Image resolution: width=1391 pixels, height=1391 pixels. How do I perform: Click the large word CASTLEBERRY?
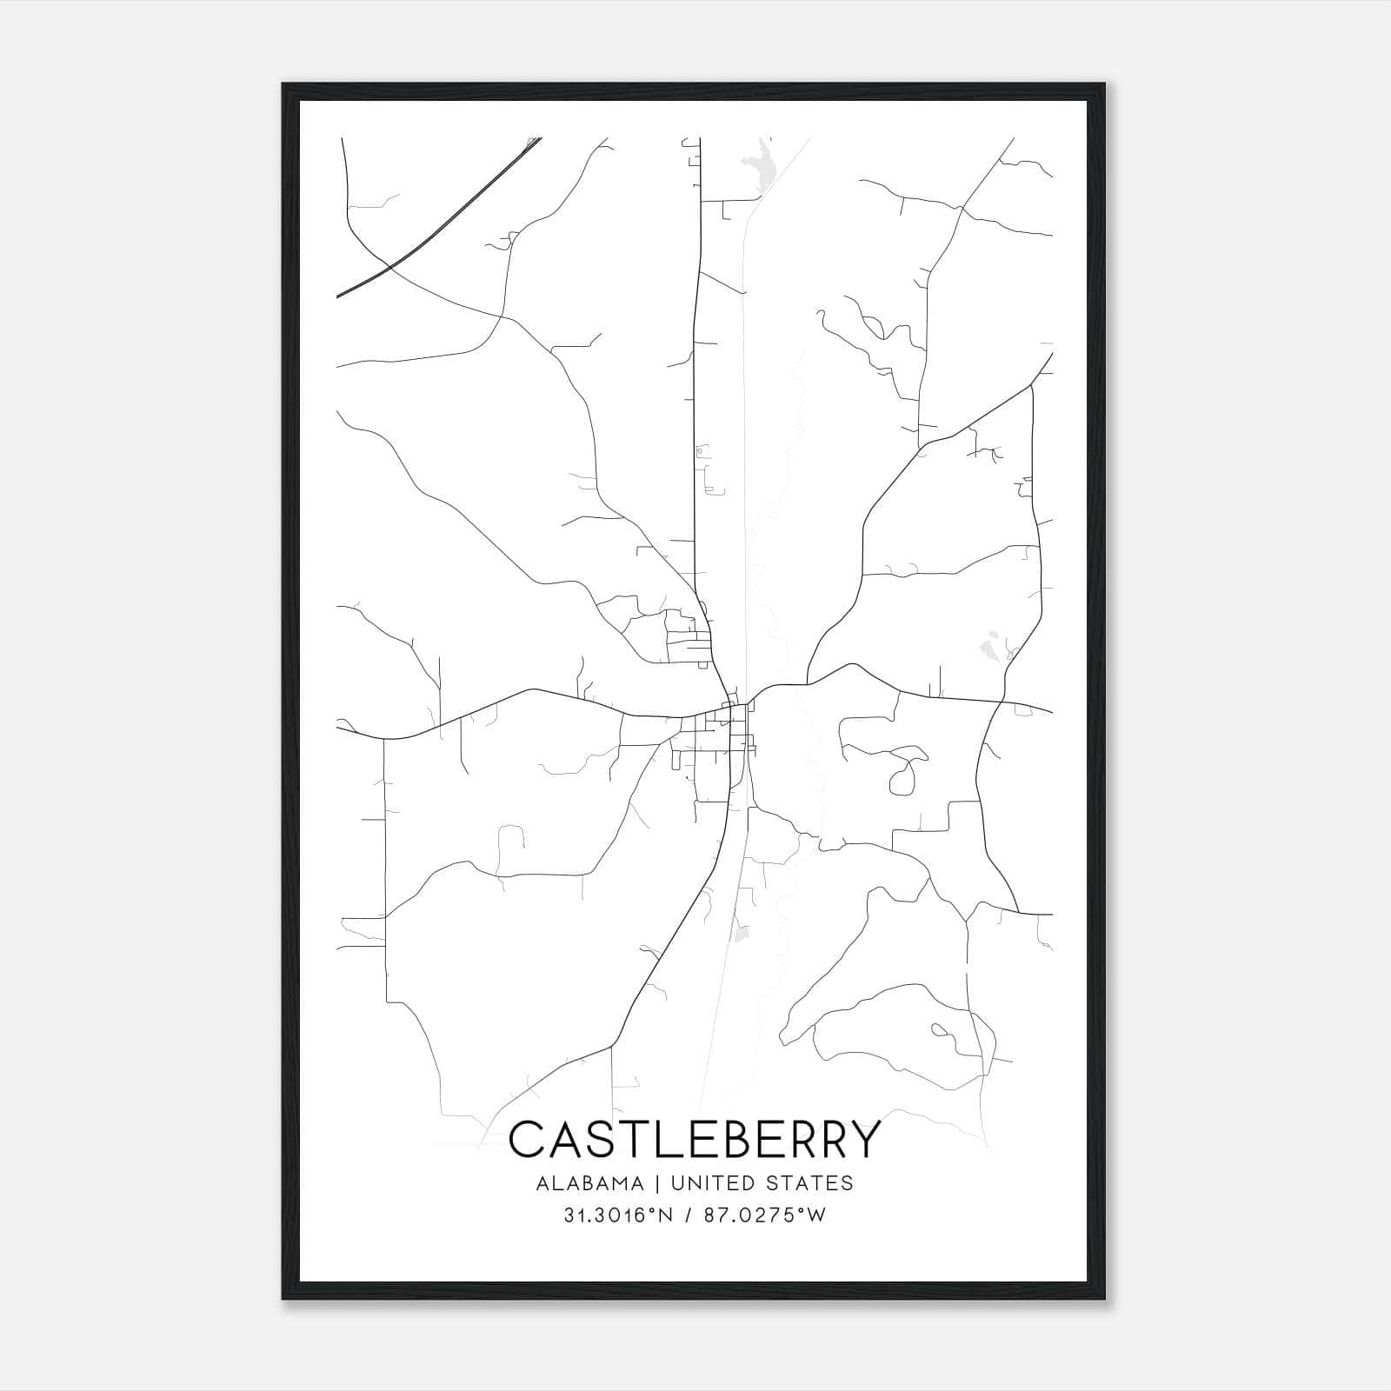click(695, 1140)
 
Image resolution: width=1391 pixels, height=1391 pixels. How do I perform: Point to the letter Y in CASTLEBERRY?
click(864, 1140)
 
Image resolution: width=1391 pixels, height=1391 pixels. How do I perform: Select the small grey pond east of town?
click(988, 646)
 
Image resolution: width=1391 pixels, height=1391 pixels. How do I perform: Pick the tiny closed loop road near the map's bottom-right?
click(940, 1031)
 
